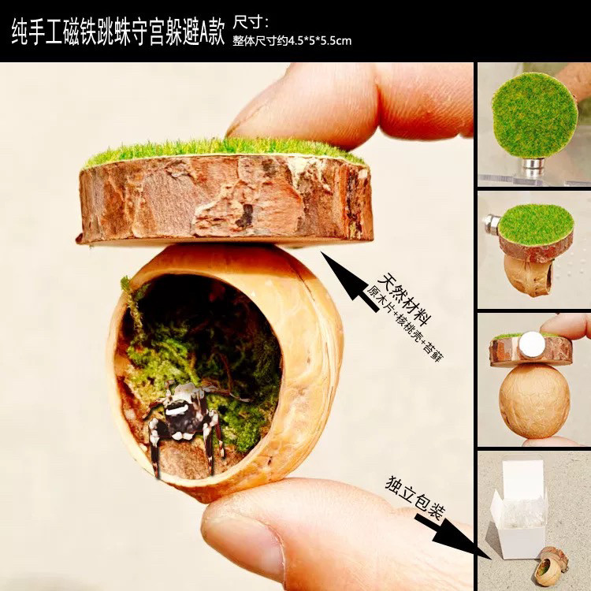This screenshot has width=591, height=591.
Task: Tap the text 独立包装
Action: tap(414, 496)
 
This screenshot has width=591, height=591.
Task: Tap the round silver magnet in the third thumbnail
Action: tap(533, 342)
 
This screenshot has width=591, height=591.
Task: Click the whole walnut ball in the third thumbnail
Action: tap(533, 399)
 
